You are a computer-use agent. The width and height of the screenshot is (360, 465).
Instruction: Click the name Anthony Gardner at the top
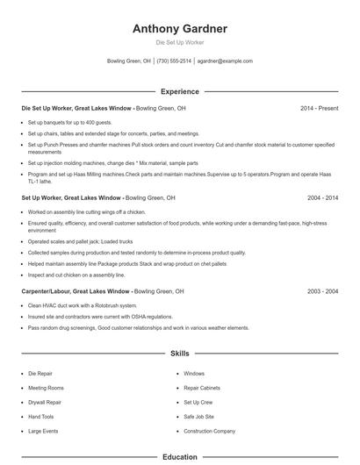[x=180, y=29]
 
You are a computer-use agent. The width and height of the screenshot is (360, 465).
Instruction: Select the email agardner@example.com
[x=225, y=61]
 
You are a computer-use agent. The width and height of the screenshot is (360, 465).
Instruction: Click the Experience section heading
[x=180, y=91]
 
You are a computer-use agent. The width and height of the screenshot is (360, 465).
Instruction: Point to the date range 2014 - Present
[x=319, y=109]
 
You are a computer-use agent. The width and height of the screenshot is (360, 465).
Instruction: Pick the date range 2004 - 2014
[x=320, y=198]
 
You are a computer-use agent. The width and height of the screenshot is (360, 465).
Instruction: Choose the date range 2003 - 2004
[x=320, y=291]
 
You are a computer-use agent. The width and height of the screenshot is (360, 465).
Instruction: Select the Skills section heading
[x=180, y=354]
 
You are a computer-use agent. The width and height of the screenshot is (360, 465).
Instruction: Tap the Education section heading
[x=180, y=457]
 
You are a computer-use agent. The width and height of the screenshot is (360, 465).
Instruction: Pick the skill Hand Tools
[x=41, y=417]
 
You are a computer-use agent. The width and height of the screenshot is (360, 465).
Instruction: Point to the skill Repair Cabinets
[x=202, y=388]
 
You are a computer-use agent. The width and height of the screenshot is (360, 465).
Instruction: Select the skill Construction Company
[x=209, y=432]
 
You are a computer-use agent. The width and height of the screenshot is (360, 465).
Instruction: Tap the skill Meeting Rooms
[x=46, y=388]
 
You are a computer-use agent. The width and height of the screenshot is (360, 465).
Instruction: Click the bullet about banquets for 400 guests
[x=69, y=123]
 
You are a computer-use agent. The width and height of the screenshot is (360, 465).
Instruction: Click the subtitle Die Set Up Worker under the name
[x=180, y=41]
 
